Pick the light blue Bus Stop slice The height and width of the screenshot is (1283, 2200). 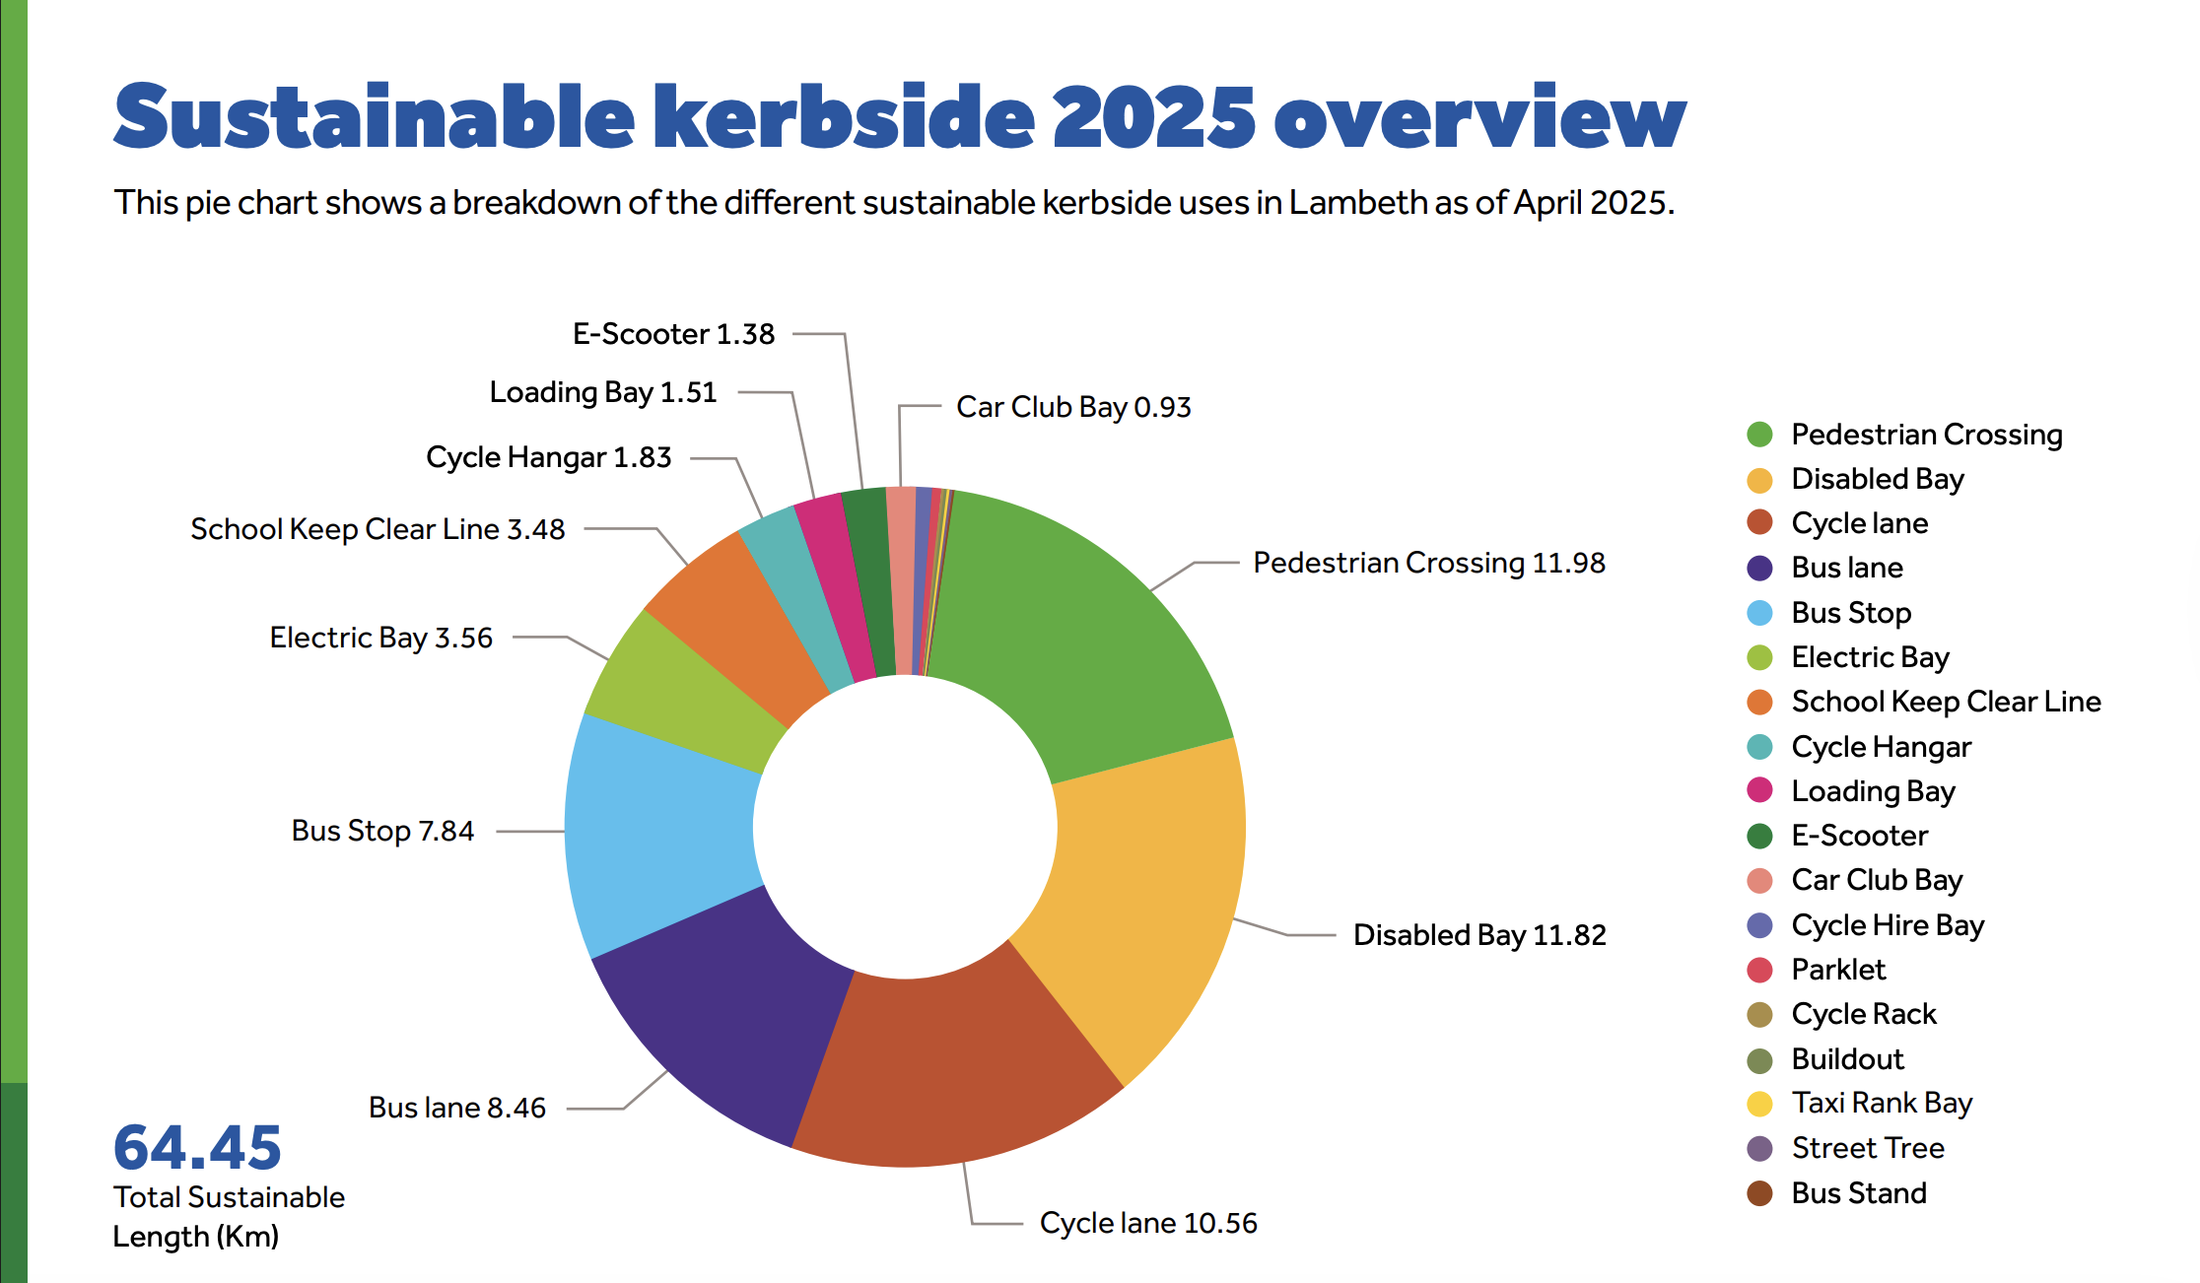(660, 828)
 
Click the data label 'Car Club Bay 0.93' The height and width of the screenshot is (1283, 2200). (1072, 407)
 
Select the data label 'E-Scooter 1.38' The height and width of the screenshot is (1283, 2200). (673, 334)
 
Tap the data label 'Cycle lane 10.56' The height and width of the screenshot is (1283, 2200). (1148, 1223)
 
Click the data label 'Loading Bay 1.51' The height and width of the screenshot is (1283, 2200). (602, 392)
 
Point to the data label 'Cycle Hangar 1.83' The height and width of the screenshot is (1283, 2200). (548, 457)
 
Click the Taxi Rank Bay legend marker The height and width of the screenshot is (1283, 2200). (1759, 1104)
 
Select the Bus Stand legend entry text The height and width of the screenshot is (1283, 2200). (1858, 1193)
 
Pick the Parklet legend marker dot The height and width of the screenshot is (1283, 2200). (1759, 971)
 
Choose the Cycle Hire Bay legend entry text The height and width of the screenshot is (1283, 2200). (1888, 925)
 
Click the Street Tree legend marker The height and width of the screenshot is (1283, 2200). (1759, 1149)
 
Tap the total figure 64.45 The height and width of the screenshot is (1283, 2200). (197, 1148)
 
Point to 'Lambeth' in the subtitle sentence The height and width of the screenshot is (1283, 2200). (1358, 203)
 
